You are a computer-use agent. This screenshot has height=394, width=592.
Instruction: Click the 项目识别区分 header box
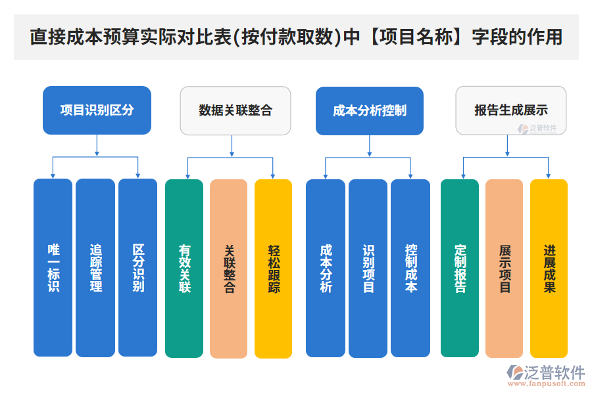[x=97, y=110]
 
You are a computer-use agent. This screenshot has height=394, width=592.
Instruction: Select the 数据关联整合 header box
[x=235, y=110]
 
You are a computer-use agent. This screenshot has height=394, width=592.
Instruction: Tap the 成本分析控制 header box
[x=369, y=110]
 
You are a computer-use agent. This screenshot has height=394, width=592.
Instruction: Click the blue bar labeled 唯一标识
[x=53, y=268]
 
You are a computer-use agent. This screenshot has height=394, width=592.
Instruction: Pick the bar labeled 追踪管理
[x=95, y=268]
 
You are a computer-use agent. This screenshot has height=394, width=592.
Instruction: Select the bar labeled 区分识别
[x=138, y=268]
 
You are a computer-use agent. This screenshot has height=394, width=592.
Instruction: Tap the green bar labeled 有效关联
[x=184, y=268]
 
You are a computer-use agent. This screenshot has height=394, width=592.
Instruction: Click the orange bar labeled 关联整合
[x=229, y=268]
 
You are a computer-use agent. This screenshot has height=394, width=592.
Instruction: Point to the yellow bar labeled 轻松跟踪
[x=273, y=268]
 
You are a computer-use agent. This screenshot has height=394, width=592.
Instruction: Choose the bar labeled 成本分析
[x=326, y=268]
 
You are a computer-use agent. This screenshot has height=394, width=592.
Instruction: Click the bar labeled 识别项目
[x=368, y=268]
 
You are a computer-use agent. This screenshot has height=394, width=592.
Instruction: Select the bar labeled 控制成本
[x=410, y=268]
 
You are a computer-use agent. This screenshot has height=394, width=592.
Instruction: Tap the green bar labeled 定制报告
[x=460, y=268]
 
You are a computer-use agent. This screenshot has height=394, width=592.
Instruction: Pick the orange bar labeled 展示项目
[x=505, y=268]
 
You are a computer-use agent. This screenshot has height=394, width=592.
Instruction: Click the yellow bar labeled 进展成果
[x=549, y=268]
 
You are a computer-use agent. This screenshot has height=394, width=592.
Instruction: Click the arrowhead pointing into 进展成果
[x=549, y=175]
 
